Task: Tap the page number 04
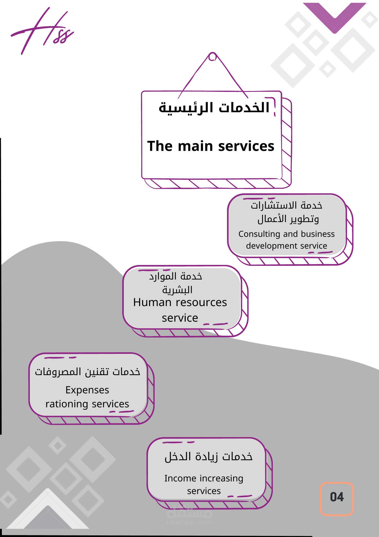pos(337,497)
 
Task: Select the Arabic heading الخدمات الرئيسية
pos(214,108)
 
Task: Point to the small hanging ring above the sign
pos(212,57)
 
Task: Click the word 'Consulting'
pos(259,234)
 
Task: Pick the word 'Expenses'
pos(87,390)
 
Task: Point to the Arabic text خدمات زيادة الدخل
pos(209,457)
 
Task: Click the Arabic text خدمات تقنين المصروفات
pos(87,372)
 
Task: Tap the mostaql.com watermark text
pos(189,523)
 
